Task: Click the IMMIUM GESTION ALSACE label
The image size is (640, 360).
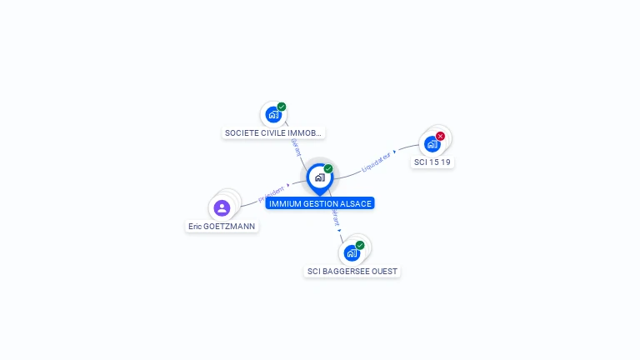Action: (x=320, y=203)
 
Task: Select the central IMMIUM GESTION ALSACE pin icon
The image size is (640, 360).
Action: (x=319, y=177)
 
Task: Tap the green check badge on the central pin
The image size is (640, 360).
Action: (x=328, y=169)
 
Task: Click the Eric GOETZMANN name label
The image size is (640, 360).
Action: (x=222, y=226)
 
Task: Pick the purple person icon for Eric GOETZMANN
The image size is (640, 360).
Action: (x=222, y=207)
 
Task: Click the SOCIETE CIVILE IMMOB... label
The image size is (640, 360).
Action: (x=273, y=132)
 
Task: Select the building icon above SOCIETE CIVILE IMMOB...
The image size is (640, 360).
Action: (x=273, y=115)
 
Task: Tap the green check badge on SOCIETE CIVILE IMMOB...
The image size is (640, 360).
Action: (x=282, y=107)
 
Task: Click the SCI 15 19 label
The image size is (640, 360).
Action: (x=432, y=162)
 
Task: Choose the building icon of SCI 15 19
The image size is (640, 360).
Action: (x=432, y=144)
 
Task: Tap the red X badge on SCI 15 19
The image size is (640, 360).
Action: (x=441, y=136)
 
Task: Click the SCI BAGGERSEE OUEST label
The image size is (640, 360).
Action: (x=352, y=271)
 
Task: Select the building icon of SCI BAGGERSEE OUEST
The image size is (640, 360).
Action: (x=352, y=253)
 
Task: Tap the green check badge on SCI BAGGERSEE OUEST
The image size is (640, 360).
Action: (x=360, y=245)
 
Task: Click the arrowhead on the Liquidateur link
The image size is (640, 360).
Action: (x=394, y=152)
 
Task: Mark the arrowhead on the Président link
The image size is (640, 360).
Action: (x=288, y=186)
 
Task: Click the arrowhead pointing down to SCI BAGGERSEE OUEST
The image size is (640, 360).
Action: (x=341, y=229)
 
